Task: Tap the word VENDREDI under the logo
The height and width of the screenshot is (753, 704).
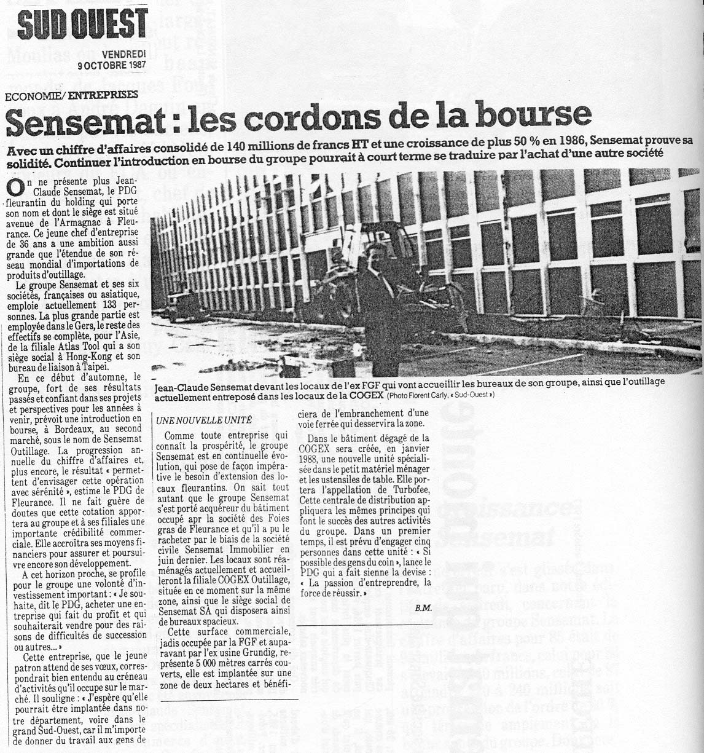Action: tap(125, 55)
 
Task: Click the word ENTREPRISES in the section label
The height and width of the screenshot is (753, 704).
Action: tap(103, 95)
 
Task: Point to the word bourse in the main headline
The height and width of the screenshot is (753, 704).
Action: tap(539, 115)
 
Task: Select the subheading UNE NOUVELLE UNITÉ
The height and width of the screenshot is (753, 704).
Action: tap(196, 420)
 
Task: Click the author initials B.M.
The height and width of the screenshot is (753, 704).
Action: tap(422, 609)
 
